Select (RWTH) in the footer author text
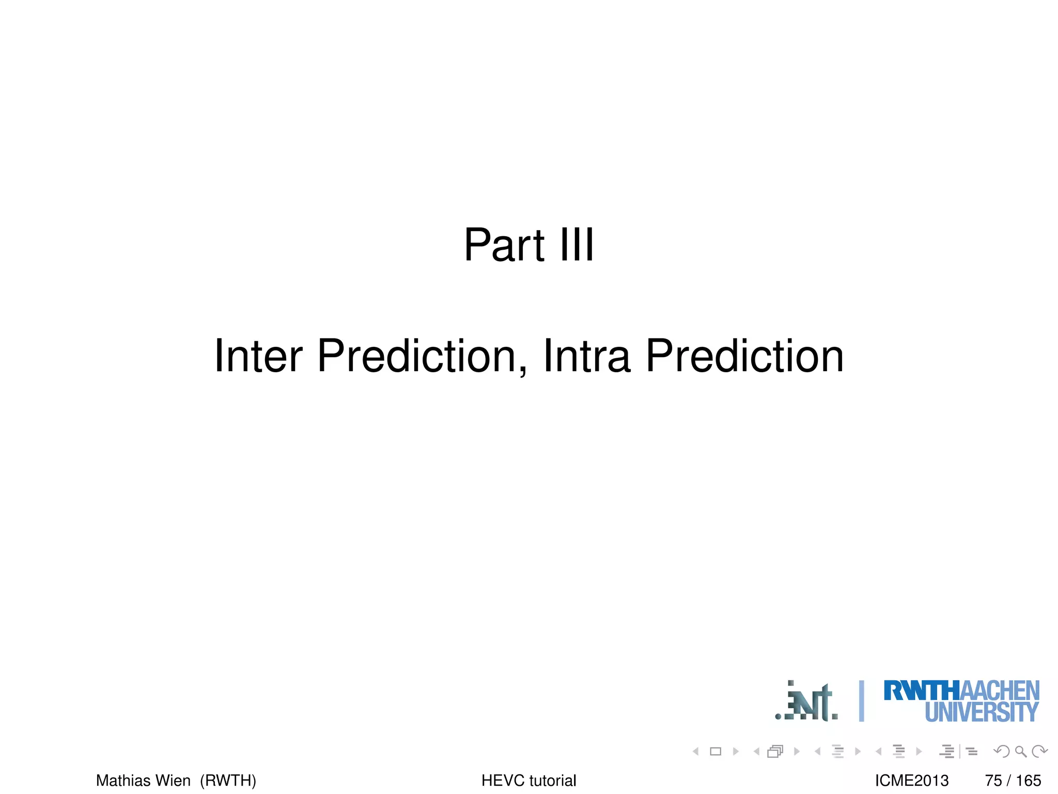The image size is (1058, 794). pyautogui.click(x=228, y=780)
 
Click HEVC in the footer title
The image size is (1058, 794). pyautogui.click(x=502, y=780)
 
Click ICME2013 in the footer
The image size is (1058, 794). pyautogui.click(x=912, y=780)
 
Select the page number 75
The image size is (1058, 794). pyautogui.click(x=993, y=780)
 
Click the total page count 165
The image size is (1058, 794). pyautogui.click(x=1028, y=780)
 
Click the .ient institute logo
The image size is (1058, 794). pyautogui.click(x=807, y=702)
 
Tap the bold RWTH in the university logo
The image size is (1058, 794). pyautogui.click(x=921, y=691)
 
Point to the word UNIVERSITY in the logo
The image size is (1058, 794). pyautogui.click(x=981, y=712)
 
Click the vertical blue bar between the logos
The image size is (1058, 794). pyautogui.click(x=861, y=701)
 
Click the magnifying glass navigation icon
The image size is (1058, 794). pyautogui.click(x=1020, y=752)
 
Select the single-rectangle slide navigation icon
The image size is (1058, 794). pyautogui.click(x=715, y=752)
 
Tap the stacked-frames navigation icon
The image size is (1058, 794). pyautogui.click(x=775, y=752)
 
